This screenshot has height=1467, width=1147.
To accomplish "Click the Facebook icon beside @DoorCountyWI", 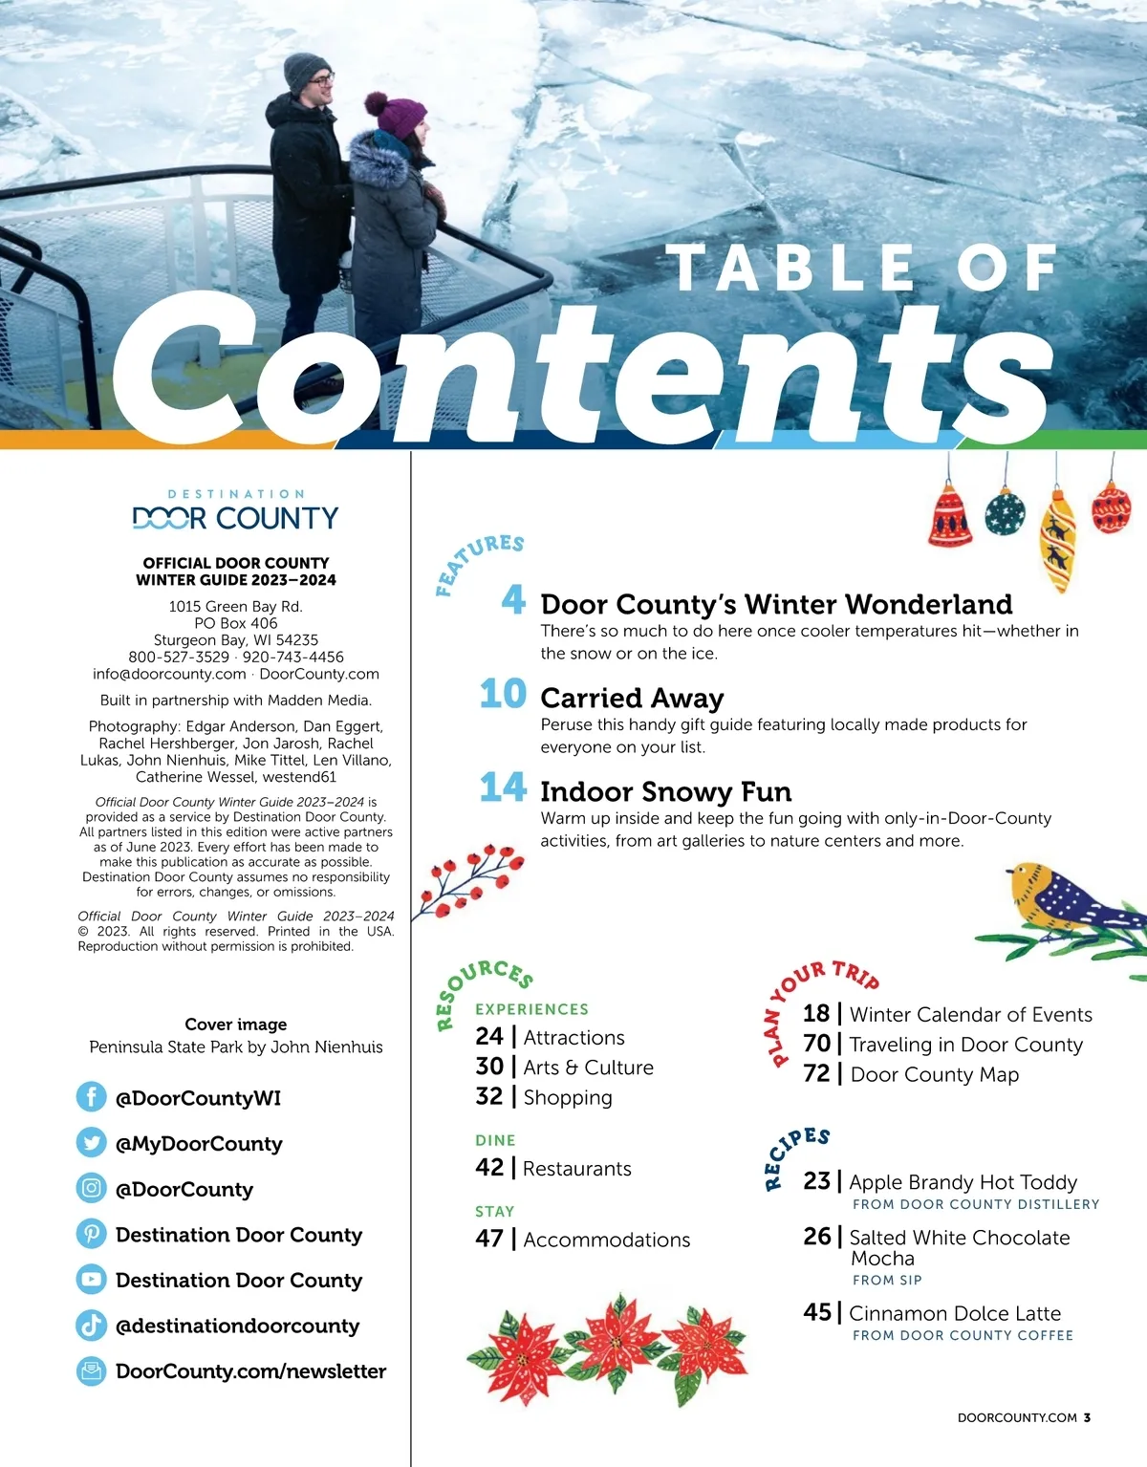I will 91,1097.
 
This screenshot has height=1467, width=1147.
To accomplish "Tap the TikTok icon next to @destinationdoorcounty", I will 91,1325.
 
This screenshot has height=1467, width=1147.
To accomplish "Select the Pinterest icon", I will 91,1234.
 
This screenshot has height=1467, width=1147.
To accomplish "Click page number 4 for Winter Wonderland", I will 513,600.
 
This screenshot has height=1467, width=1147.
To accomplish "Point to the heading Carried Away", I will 632,698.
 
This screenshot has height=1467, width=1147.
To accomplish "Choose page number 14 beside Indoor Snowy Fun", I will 503,787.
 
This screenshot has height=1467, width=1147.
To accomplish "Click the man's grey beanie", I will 306,71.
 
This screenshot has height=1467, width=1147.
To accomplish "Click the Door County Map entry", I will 934,1074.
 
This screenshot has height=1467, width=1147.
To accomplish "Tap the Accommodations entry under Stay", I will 606,1240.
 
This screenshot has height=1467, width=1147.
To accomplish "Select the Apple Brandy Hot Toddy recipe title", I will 963,1182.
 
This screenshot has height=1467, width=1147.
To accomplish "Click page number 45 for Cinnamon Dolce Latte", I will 816,1312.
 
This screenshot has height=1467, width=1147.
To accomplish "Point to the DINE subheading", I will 495,1140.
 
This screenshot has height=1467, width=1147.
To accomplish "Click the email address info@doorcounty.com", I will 169,674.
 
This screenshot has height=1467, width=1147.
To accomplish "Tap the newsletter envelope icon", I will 91,1370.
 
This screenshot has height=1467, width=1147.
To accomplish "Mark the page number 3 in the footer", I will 1088,1417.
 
